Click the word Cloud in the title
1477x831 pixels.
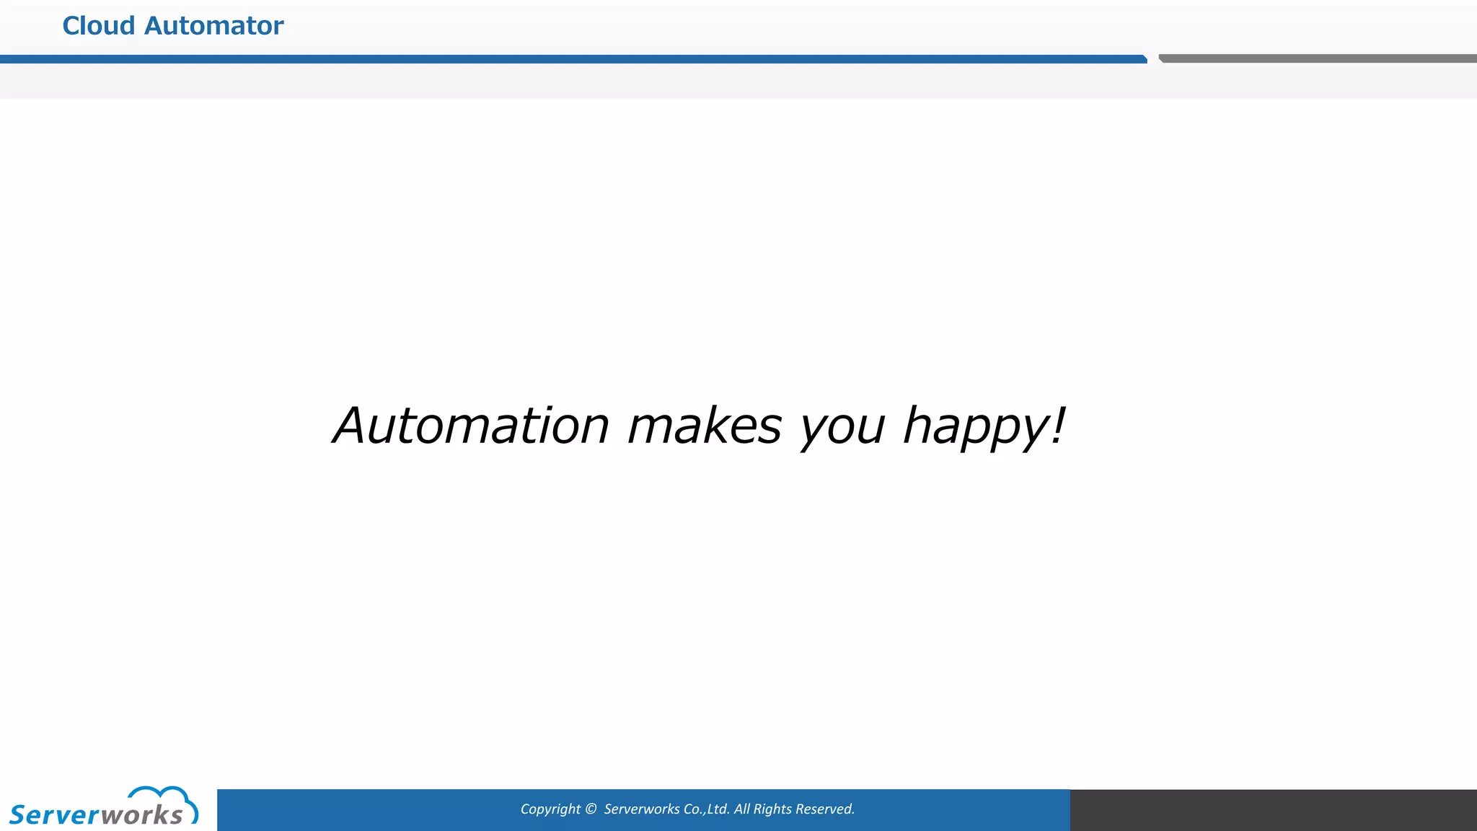(99, 26)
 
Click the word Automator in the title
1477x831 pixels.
(214, 26)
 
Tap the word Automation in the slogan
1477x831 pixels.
(471, 426)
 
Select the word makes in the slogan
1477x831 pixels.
(705, 426)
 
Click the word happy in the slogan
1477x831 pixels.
(975, 427)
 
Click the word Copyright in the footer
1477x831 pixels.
(550, 809)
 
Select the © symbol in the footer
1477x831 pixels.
(591, 809)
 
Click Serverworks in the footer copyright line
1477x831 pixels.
(641, 809)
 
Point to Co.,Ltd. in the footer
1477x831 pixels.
(706, 809)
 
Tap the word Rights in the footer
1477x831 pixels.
(772, 809)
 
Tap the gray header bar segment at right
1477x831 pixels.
(1317, 58)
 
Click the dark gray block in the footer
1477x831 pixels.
(1273, 809)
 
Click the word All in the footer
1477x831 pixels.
(742, 809)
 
